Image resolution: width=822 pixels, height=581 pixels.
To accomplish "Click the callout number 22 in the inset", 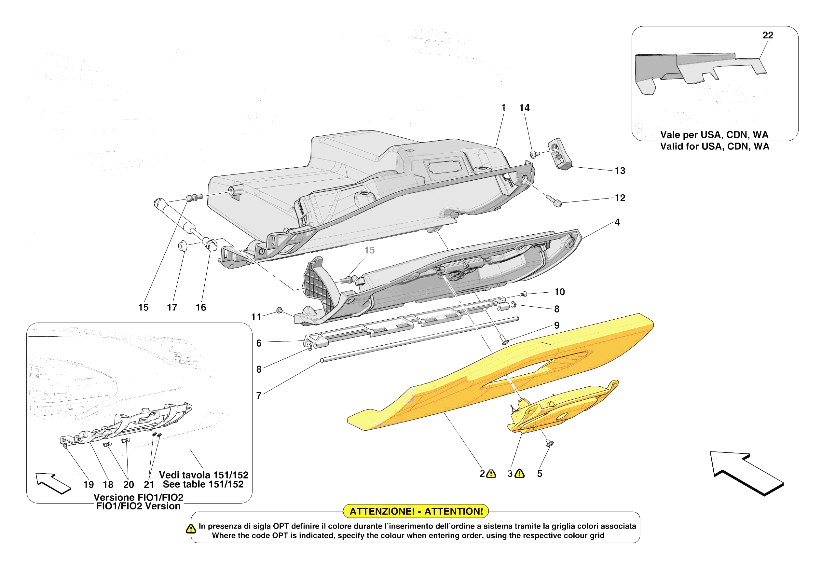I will tap(768, 35).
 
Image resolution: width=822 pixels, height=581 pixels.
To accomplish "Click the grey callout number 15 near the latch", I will tap(369, 250).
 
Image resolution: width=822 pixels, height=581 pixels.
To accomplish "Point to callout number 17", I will tap(172, 307).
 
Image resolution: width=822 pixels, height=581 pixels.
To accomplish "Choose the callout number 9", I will tap(557, 325).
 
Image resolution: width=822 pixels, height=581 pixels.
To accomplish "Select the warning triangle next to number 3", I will tap(519, 474).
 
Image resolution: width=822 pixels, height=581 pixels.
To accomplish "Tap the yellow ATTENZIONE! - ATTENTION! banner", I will tap(416, 511).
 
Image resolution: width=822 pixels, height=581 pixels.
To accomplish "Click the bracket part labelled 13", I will tap(560, 154).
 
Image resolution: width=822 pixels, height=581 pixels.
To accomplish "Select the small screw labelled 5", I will tap(550, 443).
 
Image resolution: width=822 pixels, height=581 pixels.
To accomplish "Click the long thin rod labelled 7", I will tap(419, 339).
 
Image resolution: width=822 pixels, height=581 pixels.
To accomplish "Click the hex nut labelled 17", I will tap(183, 246).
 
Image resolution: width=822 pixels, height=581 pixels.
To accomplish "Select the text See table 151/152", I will tap(203, 484).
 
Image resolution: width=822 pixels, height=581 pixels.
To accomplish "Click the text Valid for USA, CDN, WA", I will tap(714, 146).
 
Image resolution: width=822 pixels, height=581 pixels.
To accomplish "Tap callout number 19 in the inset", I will tap(89, 485).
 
